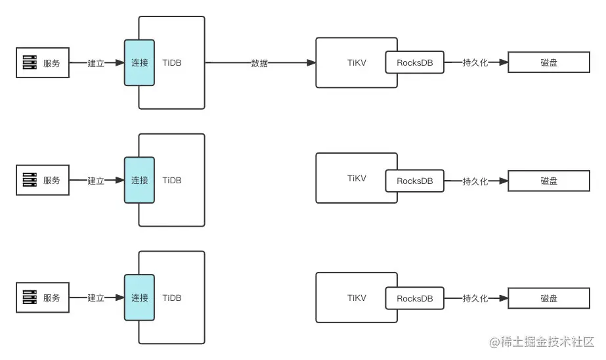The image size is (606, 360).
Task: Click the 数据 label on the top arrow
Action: pos(259,63)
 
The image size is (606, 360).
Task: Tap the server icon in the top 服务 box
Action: pos(30,63)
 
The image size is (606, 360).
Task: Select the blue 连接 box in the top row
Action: pos(139,63)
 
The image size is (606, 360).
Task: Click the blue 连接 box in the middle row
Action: pos(139,181)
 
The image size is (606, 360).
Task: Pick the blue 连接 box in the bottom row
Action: pos(139,298)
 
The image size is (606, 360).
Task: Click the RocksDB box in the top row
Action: pos(415,63)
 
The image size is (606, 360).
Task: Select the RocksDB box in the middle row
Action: pos(415,181)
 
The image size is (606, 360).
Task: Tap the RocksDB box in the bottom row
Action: pos(415,298)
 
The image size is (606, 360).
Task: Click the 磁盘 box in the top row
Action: pos(549,63)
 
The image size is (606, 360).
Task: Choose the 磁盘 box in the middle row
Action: pos(549,181)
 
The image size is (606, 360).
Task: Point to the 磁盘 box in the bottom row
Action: pos(549,298)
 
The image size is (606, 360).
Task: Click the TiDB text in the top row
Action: pos(172,63)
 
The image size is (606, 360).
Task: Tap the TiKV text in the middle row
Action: pos(357,178)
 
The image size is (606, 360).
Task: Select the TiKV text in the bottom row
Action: pos(357,298)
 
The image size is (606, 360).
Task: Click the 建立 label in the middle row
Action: pos(96,181)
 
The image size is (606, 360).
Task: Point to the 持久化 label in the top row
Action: pos(475,63)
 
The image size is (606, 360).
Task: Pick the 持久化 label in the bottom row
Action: pos(475,298)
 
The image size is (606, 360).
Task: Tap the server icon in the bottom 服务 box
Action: pos(30,298)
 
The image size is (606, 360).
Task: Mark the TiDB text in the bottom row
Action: pos(172,298)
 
